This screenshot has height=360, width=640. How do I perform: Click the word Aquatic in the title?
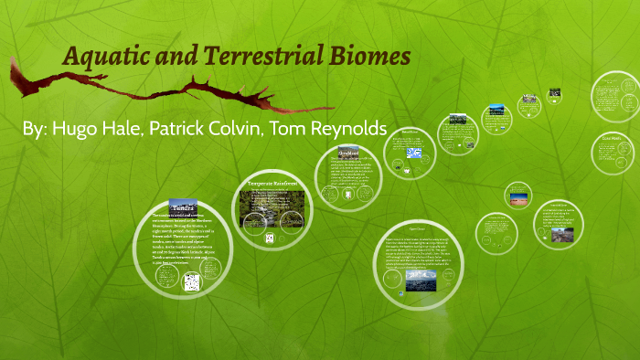101,58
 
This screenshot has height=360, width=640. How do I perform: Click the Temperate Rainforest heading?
273,184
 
